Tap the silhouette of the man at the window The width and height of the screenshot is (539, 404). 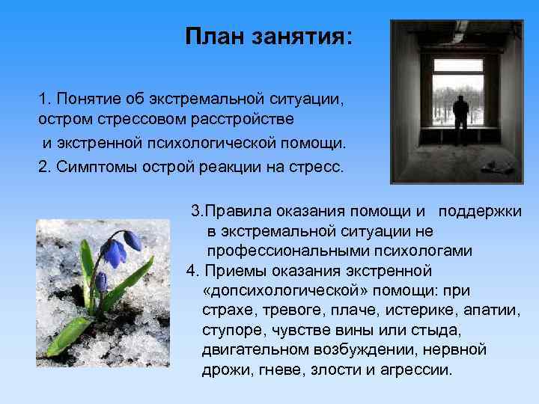pos(461,117)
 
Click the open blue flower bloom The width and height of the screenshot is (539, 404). pos(114,253)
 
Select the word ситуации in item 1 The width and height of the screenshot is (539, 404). pos(306,99)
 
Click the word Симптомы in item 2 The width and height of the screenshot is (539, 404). pos(91,166)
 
